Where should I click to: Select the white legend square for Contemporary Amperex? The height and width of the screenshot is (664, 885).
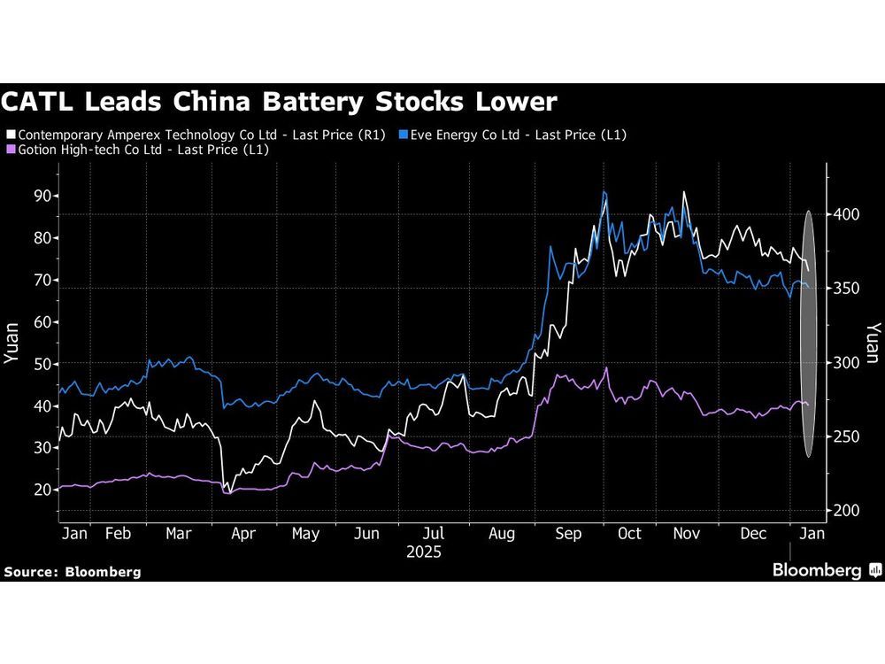click(x=11, y=134)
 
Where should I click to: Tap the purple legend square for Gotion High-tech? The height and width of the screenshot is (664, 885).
click(x=11, y=150)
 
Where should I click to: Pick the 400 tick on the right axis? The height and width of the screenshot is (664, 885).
click(x=845, y=215)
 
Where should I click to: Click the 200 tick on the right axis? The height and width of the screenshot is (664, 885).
click(x=845, y=511)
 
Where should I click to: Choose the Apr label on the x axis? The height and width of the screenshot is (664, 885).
click(x=242, y=534)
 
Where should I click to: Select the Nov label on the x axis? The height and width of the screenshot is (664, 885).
click(x=687, y=534)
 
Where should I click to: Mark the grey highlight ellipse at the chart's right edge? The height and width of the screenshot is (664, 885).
click(x=807, y=334)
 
